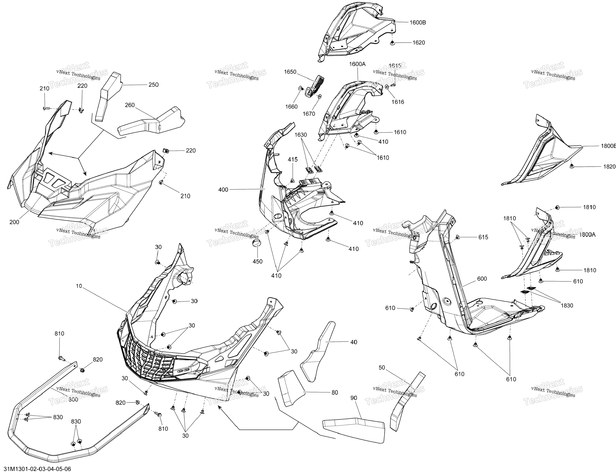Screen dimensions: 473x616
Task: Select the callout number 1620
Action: tap(419, 42)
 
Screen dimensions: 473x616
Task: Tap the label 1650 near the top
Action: tap(290, 72)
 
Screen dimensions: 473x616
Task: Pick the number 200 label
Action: tap(14, 222)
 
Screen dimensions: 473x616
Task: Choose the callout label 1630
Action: tap(301, 135)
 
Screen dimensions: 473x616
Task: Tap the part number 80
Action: tap(335, 393)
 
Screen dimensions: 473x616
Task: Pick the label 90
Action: tap(354, 398)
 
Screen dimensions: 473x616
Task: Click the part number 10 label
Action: tap(79, 286)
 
